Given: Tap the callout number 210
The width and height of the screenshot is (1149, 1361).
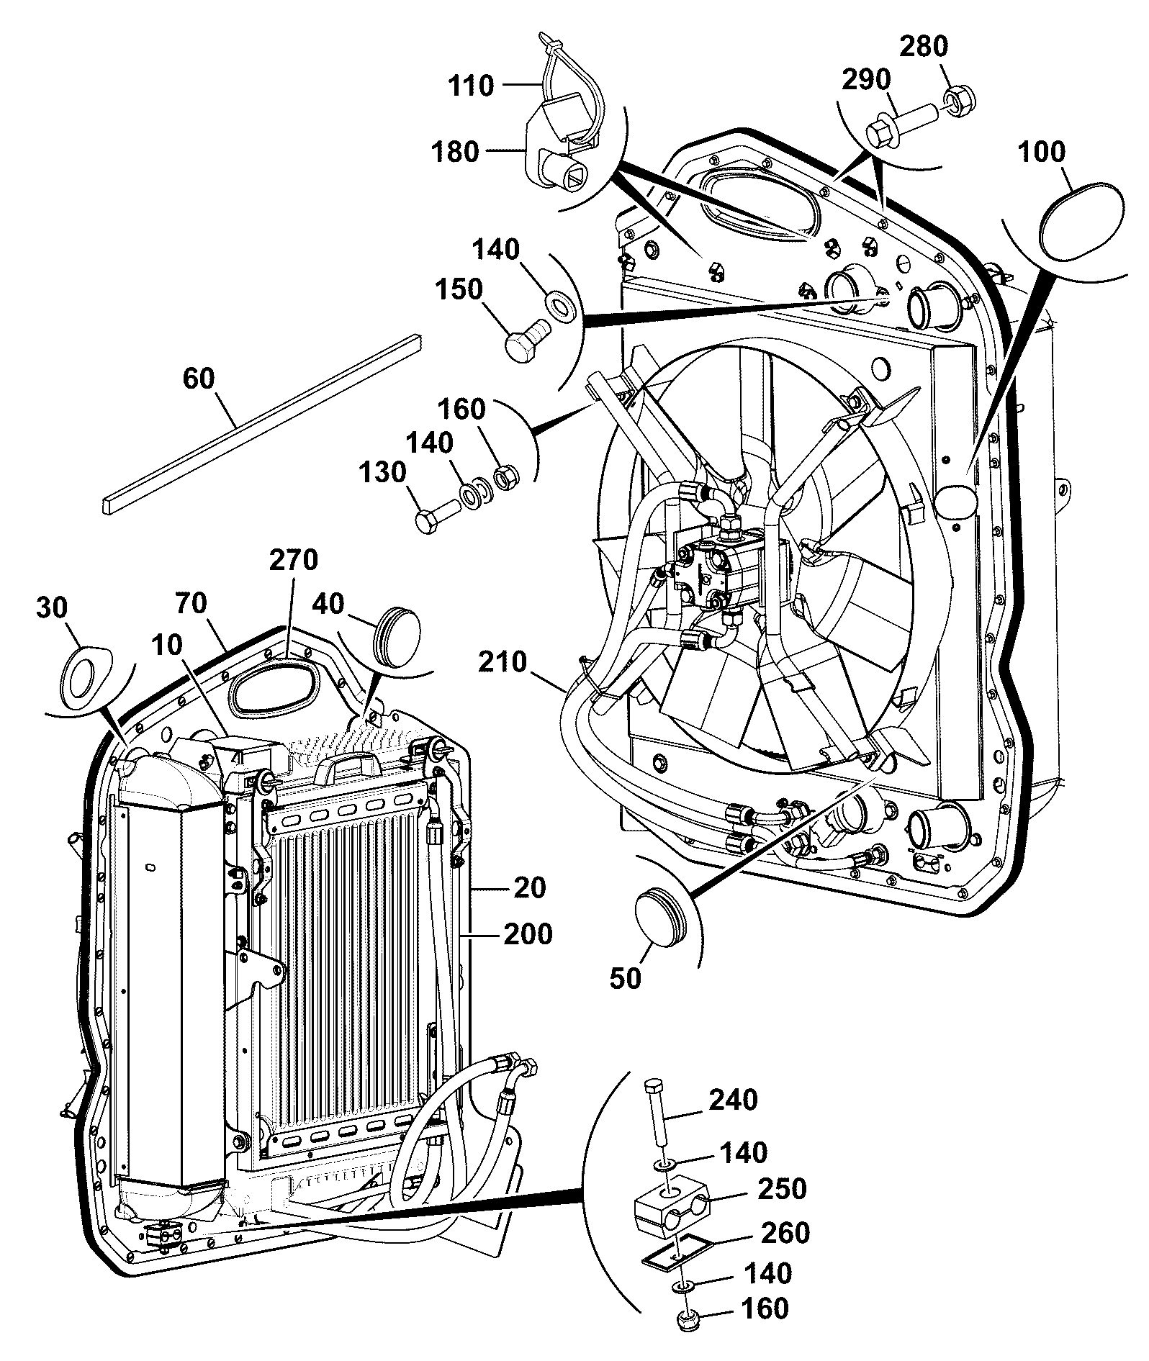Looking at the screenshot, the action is point(502,661).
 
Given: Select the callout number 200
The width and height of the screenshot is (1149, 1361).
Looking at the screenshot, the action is point(528,934).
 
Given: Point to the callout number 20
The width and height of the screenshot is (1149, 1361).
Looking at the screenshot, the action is point(529,888).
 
